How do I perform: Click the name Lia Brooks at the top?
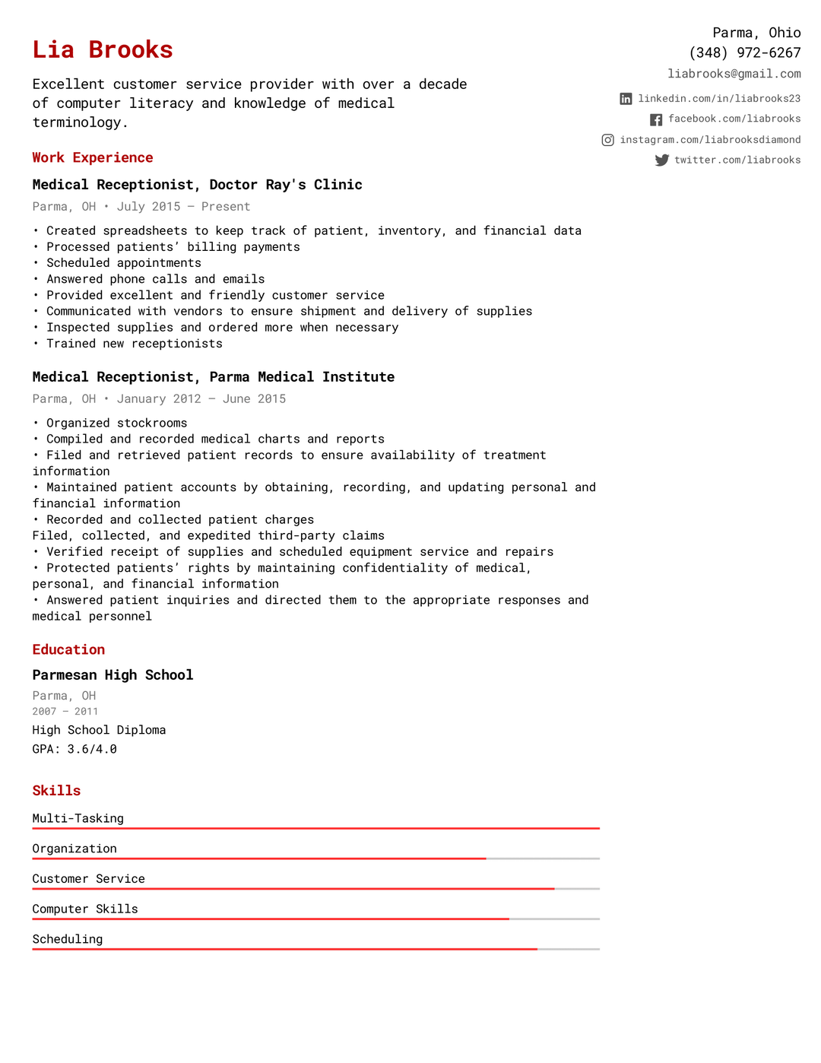point(103,49)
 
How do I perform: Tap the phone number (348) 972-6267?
point(744,52)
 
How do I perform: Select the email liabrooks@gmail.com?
point(734,74)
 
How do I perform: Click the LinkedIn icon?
point(626,99)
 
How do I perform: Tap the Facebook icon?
point(656,119)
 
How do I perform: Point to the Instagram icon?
point(607,140)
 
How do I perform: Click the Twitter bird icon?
point(662,160)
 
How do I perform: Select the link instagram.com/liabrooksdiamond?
point(710,140)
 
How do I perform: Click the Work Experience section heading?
point(93,157)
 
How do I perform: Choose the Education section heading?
point(68,649)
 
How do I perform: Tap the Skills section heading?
point(56,791)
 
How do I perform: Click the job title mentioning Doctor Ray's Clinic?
point(197,185)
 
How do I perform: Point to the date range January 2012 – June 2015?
point(201,399)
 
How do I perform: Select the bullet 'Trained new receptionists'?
point(134,344)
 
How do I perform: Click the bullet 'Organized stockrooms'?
point(116,424)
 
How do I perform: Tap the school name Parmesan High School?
point(113,675)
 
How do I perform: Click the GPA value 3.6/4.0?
point(91,750)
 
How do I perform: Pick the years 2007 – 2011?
point(65,712)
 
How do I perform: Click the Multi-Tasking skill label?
point(78,819)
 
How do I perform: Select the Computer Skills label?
point(85,909)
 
